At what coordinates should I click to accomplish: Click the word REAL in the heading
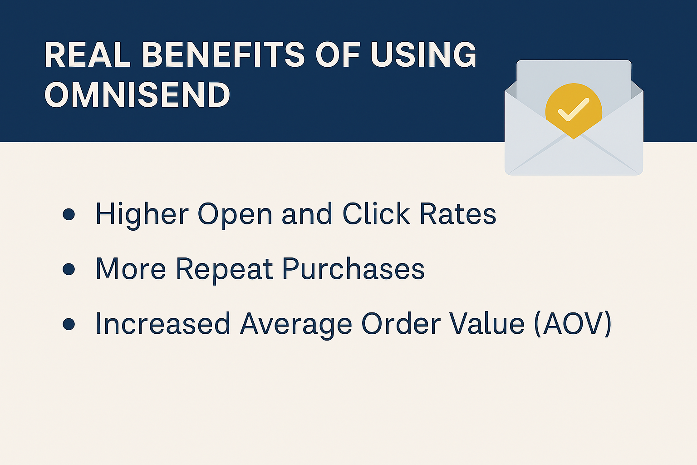[87, 55]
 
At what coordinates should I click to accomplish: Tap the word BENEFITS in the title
[223, 55]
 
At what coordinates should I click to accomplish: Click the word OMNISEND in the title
[137, 95]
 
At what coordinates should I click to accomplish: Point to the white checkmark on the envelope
[574, 109]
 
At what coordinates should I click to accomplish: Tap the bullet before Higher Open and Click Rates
[69, 214]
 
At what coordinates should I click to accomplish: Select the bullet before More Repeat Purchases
[69, 269]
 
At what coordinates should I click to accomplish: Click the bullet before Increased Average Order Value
[69, 324]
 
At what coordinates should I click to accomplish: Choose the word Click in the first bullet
[376, 213]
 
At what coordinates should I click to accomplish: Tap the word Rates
[458, 214]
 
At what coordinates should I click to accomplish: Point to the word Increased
[163, 324]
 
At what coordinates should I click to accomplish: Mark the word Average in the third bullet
[296, 326]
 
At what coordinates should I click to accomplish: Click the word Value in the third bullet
[487, 324]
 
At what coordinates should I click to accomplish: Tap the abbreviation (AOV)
[573, 324]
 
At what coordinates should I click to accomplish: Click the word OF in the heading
[338, 55]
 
